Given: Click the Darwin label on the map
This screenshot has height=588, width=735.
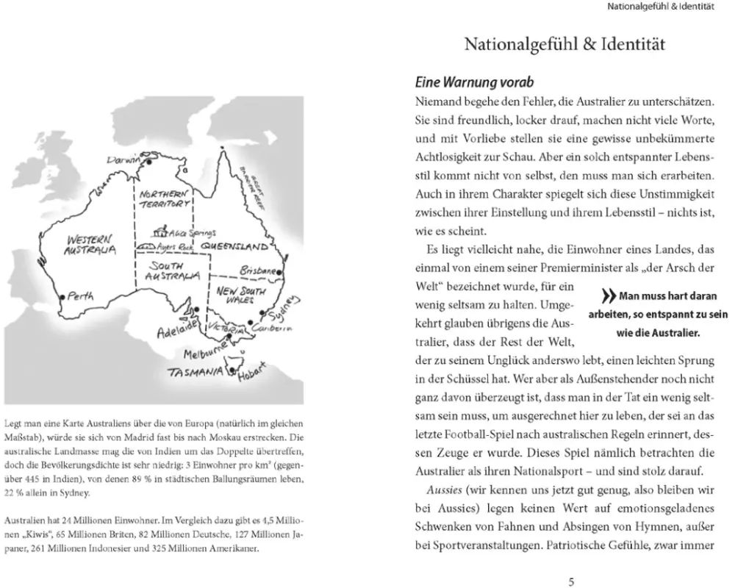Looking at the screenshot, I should tap(122, 159).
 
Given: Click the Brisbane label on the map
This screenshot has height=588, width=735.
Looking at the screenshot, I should tap(257, 270).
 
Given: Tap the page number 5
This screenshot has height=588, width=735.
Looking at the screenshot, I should tap(571, 581).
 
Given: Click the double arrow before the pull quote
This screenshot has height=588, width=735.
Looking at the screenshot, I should tap(609, 297).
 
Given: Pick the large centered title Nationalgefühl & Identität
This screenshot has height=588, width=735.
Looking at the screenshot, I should tap(564, 45).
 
